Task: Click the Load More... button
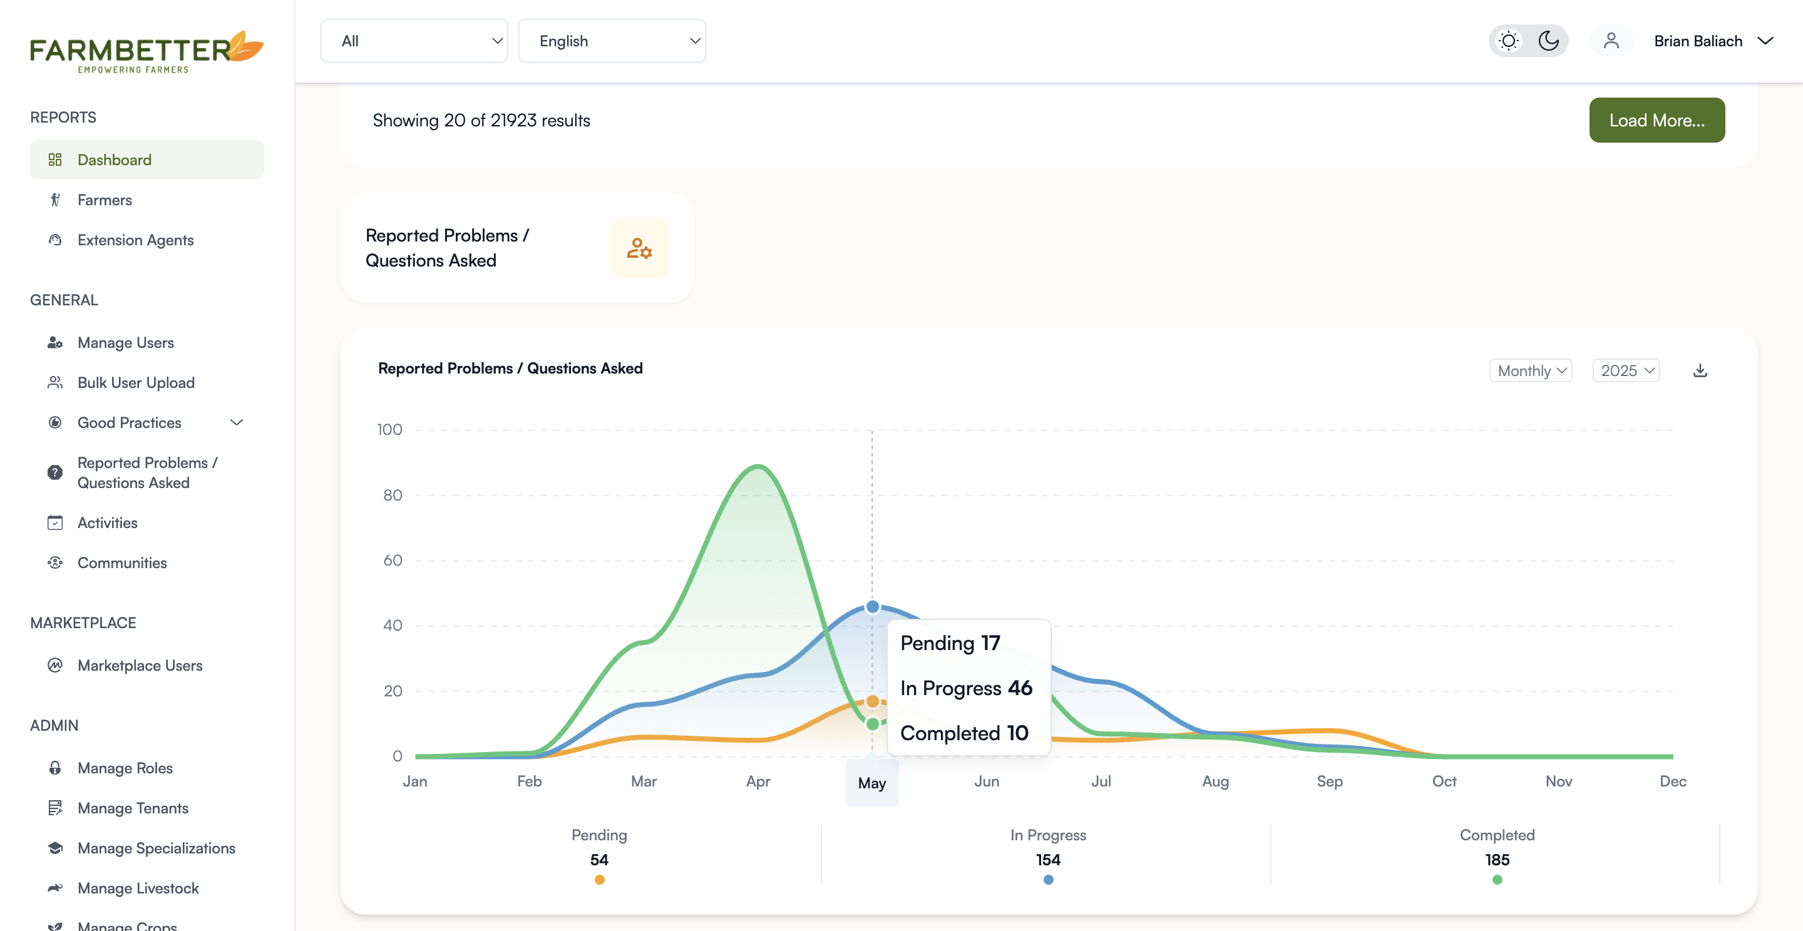[1657, 120]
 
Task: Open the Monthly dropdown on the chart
[1531, 371]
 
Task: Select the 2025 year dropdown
[1626, 371]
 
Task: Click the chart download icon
[1700, 371]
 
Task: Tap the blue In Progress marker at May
[872, 606]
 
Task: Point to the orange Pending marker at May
[872, 701]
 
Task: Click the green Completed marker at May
[872, 724]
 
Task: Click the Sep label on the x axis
[1330, 781]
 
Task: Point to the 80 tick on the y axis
[393, 496]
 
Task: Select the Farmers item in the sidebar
[105, 200]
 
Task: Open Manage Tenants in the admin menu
[133, 808]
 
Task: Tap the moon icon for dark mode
[1548, 41]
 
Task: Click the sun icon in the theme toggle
[1508, 41]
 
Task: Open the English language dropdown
[612, 41]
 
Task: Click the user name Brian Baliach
[1698, 41]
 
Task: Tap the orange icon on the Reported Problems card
[640, 248]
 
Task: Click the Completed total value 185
[1497, 860]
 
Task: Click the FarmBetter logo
[146, 51]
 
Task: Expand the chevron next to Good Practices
[237, 422]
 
